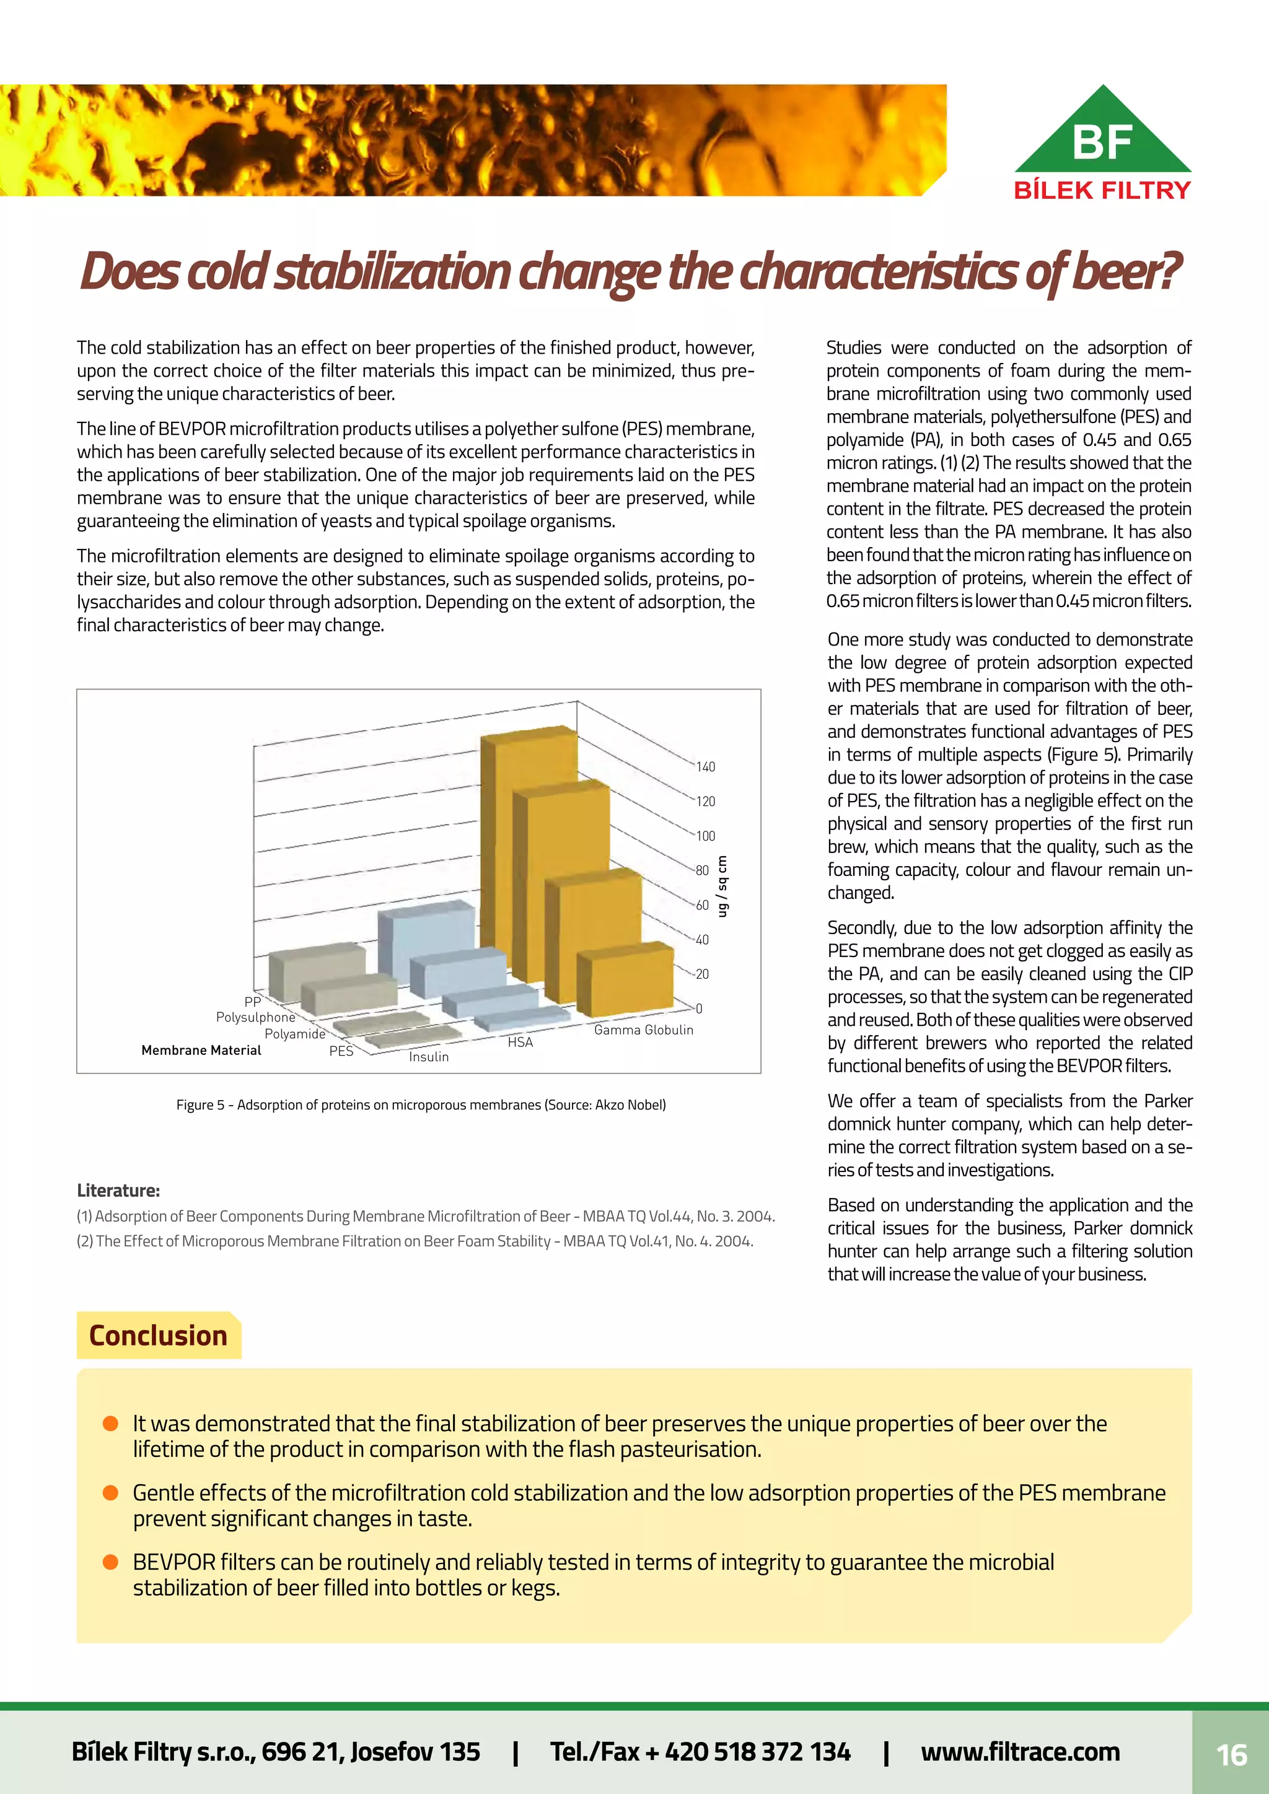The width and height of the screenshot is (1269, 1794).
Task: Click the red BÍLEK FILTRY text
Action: tap(1102, 190)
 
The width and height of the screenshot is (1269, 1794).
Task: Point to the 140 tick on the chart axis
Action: tap(706, 766)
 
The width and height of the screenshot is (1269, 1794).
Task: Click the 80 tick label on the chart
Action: tap(703, 870)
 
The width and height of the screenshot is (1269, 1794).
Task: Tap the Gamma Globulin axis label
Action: tap(643, 1030)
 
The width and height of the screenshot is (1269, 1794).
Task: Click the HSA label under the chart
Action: tap(520, 1043)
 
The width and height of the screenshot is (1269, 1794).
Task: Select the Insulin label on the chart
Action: tap(428, 1056)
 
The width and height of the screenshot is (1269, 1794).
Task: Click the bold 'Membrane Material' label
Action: tap(201, 1050)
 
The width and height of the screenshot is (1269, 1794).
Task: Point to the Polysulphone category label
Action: tap(255, 1017)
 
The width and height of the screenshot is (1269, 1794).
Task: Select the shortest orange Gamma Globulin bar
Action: tap(625, 981)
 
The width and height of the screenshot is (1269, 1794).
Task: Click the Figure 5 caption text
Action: tap(420, 1105)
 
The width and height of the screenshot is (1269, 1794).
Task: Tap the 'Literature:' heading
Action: tap(118, 1191)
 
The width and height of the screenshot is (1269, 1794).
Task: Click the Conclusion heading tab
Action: tap(158, 1336)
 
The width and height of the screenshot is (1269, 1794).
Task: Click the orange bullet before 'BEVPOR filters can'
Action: tap(110, 1561)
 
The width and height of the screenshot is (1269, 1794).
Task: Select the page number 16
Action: tap(1231, 1755)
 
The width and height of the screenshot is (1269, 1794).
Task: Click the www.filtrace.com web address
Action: tap(1020, 1752)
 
